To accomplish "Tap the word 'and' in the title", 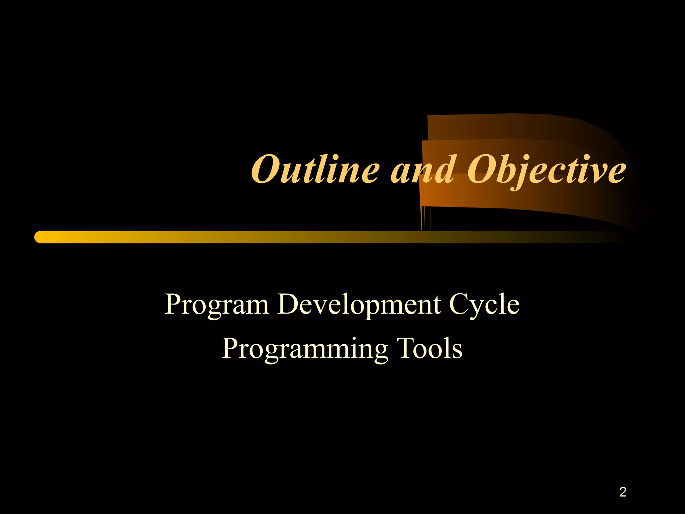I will click(423, 170).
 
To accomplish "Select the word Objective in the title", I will click(546, 170).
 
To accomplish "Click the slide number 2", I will click(622, 492).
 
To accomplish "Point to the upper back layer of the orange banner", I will click(518, 127).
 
